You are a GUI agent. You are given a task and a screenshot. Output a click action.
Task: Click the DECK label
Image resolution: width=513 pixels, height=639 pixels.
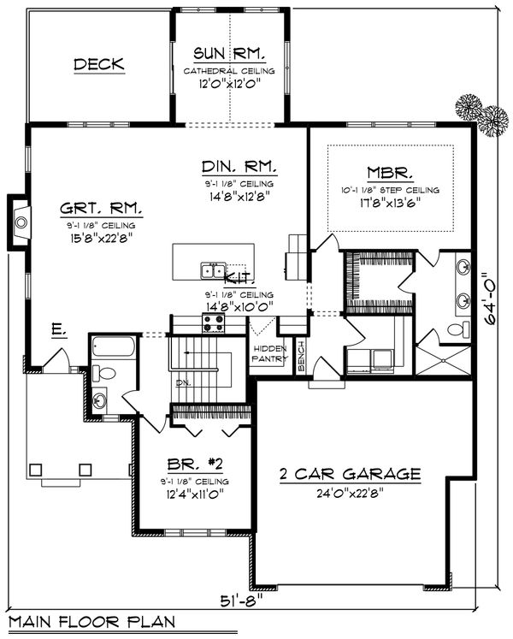coord(99,64)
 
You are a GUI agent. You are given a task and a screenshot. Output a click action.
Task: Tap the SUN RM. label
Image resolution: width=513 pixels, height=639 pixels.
coord(228,54)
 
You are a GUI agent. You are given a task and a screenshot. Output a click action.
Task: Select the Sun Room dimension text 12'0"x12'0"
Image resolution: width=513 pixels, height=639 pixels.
coord(228,84)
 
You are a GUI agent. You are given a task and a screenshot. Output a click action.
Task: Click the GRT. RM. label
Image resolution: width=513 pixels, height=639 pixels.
coord(102,207)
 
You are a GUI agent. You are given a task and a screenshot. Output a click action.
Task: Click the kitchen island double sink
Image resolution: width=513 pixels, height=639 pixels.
coord(212,270)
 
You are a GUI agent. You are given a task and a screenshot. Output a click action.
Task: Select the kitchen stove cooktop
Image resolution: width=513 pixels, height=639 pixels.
coord(213,322)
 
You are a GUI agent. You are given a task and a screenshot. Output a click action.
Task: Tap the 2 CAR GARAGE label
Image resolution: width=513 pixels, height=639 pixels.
coord(351,474)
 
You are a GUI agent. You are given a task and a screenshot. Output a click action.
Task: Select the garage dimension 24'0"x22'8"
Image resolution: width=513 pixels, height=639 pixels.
coord(351,494)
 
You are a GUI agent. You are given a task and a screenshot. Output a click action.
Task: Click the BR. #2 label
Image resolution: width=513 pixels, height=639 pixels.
coord(196,466)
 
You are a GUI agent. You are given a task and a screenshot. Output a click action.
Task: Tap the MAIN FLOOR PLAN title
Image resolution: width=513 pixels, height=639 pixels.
coord(89,622)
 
